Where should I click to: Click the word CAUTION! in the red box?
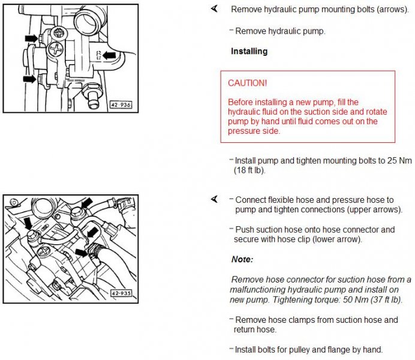(248, 83)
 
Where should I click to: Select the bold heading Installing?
(249, 51)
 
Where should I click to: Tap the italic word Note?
(242, 259)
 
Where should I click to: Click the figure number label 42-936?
(121, 105)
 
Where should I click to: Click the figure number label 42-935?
(121, 293)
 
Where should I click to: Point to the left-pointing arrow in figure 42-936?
(109, 56)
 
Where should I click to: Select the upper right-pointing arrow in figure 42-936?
(32, 38)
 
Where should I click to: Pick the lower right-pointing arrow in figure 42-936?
(29, 79)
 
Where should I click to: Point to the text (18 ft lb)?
(249, 170)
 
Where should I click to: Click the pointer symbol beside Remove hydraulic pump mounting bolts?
(214, 9)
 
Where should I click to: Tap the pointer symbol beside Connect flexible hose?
(214, 199)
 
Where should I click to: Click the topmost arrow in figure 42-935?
(87, 203)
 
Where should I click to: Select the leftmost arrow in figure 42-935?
(28, 224)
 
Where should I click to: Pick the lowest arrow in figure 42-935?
(82, 252)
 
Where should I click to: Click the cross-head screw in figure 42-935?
(44, 251)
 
